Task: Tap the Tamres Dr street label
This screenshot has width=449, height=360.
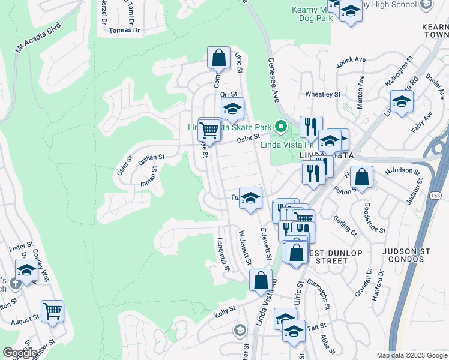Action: (124, 29)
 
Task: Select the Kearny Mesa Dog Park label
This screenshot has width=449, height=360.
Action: (312, 14)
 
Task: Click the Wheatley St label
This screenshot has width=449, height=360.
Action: (323, 94)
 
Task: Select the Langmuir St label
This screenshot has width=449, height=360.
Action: (223, 254)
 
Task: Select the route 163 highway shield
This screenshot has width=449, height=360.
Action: (435, 196)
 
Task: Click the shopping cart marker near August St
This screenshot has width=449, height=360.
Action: (52, 311)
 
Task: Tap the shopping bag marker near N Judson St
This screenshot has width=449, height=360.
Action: (361, 177)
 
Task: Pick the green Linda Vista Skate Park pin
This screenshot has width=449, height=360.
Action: (280, 126)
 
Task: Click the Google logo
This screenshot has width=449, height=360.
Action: (20, 353)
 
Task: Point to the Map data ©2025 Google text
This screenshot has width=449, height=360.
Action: (412, 355)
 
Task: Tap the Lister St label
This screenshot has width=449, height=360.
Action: (20, 247)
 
